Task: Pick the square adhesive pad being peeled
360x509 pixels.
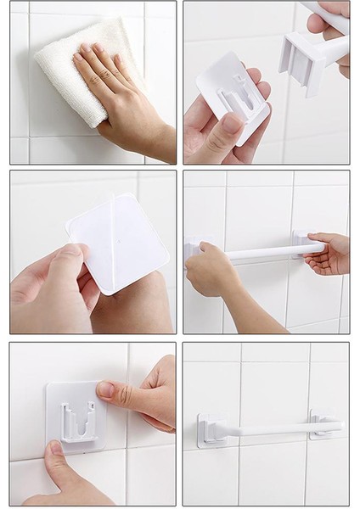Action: point(119,241)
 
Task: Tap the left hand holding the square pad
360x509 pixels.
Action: point(47,288)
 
